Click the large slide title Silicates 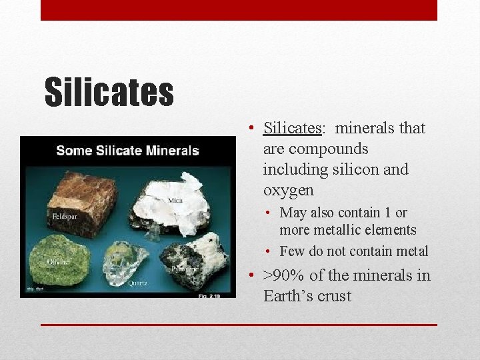coord(109,92)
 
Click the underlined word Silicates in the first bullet coord(293,128)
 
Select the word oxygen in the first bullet coord(288,190)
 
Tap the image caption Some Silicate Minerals coord(127,150)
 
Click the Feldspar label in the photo coord(67,217)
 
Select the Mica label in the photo coord(175,200)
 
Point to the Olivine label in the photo coord(58,262)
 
